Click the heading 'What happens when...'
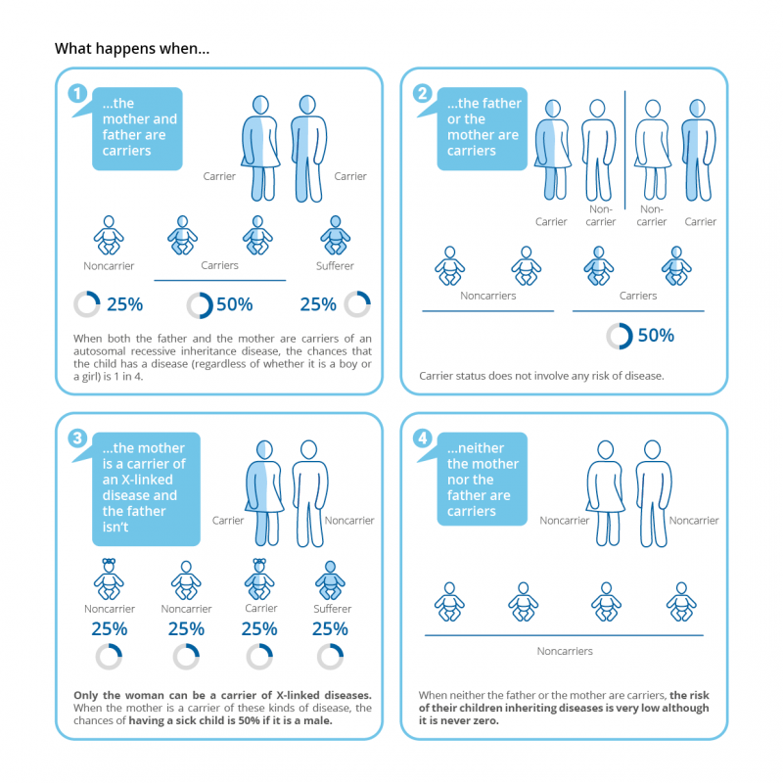(131, 48)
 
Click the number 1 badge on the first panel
(77, 94)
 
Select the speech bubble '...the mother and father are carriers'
(138, 128)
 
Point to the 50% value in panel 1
(234, 304)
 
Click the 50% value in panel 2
(656, 335)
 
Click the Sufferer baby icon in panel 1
(335, 236)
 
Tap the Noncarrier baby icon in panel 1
(109, 236)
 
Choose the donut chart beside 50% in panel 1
(200, 304)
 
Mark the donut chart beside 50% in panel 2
(619, 336)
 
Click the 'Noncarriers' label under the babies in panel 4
(565, 651)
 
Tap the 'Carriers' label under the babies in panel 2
(637, 295)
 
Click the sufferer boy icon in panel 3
(330, 579)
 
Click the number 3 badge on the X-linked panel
(77, 438)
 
